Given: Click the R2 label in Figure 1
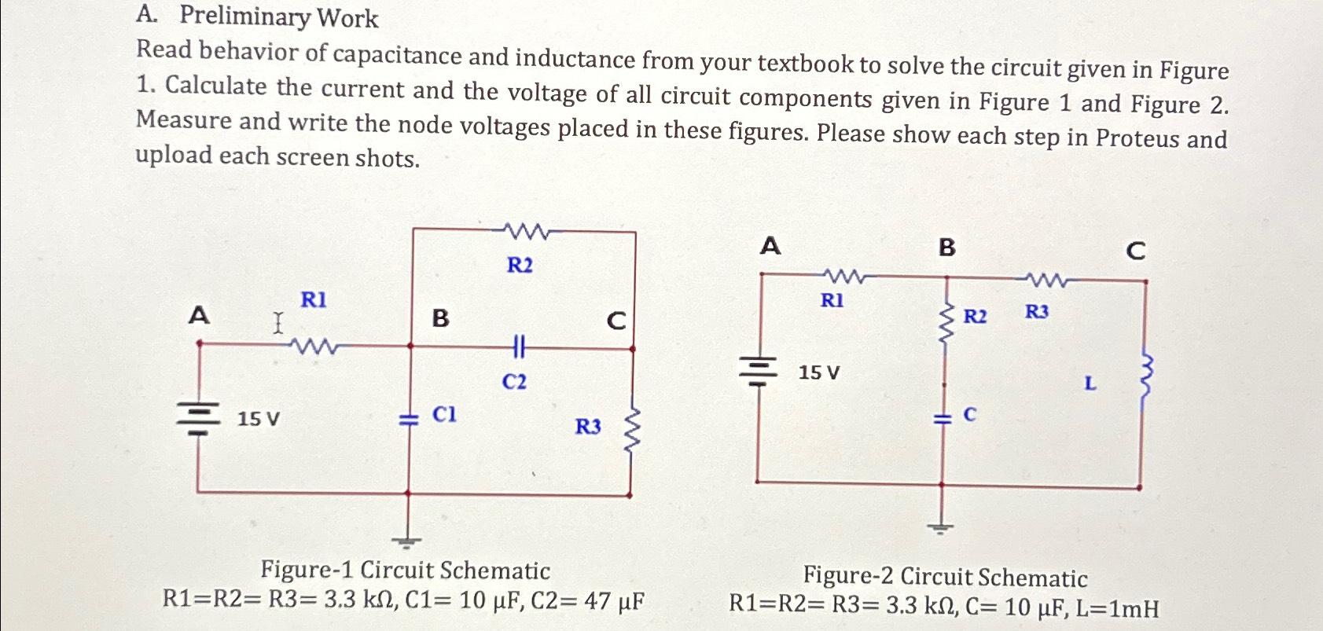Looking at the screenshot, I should point(519,266).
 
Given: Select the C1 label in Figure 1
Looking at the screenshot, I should point(445,414).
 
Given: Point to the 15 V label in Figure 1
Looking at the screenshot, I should point(258,420).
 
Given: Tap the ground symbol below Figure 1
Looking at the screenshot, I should point(406,540).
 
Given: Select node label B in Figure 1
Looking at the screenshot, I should point(440,318).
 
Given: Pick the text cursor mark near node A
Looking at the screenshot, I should point(277,323).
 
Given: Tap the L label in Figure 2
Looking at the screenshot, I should point(1089,384).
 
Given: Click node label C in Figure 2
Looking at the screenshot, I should point(1135,251).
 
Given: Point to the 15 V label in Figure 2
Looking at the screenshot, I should point(818,372).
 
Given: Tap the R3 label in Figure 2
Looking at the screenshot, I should point(1036,313).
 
